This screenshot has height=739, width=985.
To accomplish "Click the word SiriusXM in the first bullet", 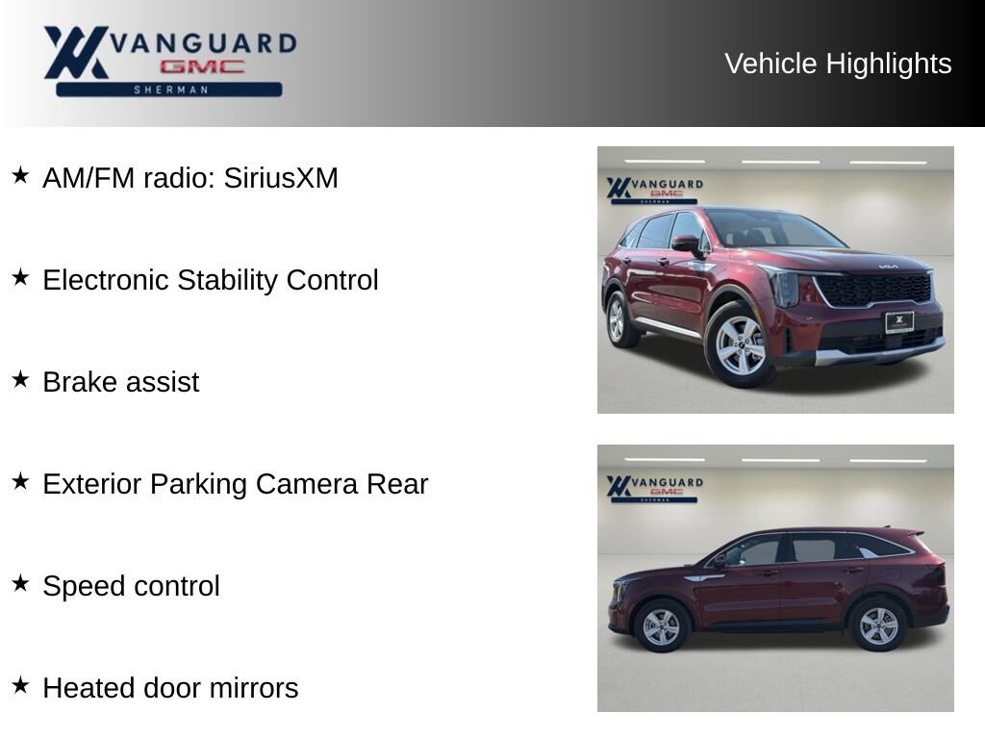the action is point(281,178).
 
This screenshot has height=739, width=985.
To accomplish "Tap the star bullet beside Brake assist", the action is point(21,379).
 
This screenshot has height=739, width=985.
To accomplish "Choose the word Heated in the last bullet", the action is point(89,688).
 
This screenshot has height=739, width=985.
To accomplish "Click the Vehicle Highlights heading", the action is point(838,64).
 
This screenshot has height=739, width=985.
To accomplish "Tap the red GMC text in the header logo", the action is point(202,66).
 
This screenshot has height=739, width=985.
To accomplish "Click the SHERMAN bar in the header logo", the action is point(169,89).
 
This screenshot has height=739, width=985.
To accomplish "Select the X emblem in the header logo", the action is point(75,52).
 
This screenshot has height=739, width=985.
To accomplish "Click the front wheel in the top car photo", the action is point(740,345).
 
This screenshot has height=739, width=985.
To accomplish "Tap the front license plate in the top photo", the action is point(899,321).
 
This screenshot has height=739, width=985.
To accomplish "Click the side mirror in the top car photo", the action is point(687,243).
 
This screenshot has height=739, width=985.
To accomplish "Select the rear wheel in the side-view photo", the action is point(877,625).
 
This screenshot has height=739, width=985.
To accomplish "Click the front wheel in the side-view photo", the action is point(661,626).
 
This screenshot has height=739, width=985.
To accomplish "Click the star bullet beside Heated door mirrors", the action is point(21,685).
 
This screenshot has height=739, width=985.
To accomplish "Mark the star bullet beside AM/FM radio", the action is point(21,175).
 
